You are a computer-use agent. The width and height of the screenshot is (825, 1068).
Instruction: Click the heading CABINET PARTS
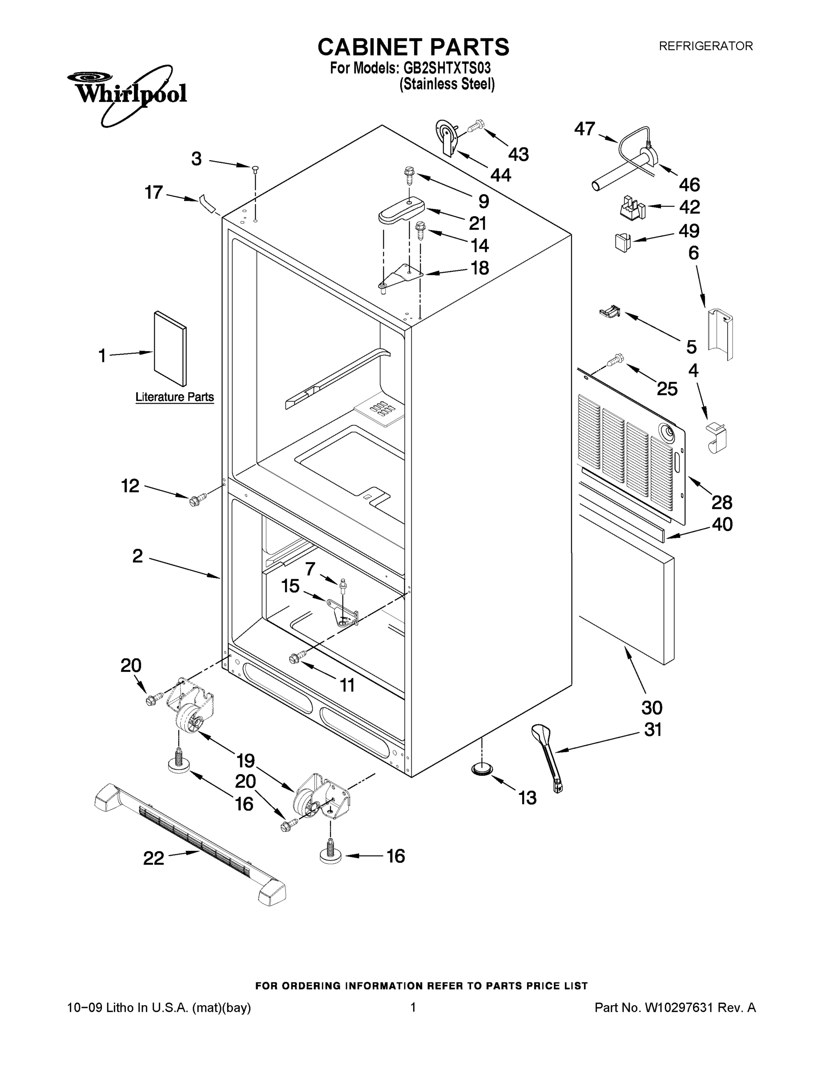point(413,48)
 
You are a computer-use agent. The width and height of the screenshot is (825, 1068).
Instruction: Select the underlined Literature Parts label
point(174,397)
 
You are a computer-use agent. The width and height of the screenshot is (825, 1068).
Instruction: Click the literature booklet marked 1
point(169,348)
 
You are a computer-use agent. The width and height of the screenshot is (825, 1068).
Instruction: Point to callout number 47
point(584,129)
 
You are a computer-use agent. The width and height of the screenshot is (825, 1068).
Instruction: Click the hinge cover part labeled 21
point(401,210)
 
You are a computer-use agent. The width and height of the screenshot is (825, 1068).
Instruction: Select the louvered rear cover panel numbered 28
point(631,452)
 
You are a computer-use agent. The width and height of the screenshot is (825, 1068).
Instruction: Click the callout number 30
point(652,708)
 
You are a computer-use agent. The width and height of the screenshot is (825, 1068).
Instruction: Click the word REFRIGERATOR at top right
point(706,46)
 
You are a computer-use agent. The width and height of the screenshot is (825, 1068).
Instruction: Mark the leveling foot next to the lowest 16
point(331,854)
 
